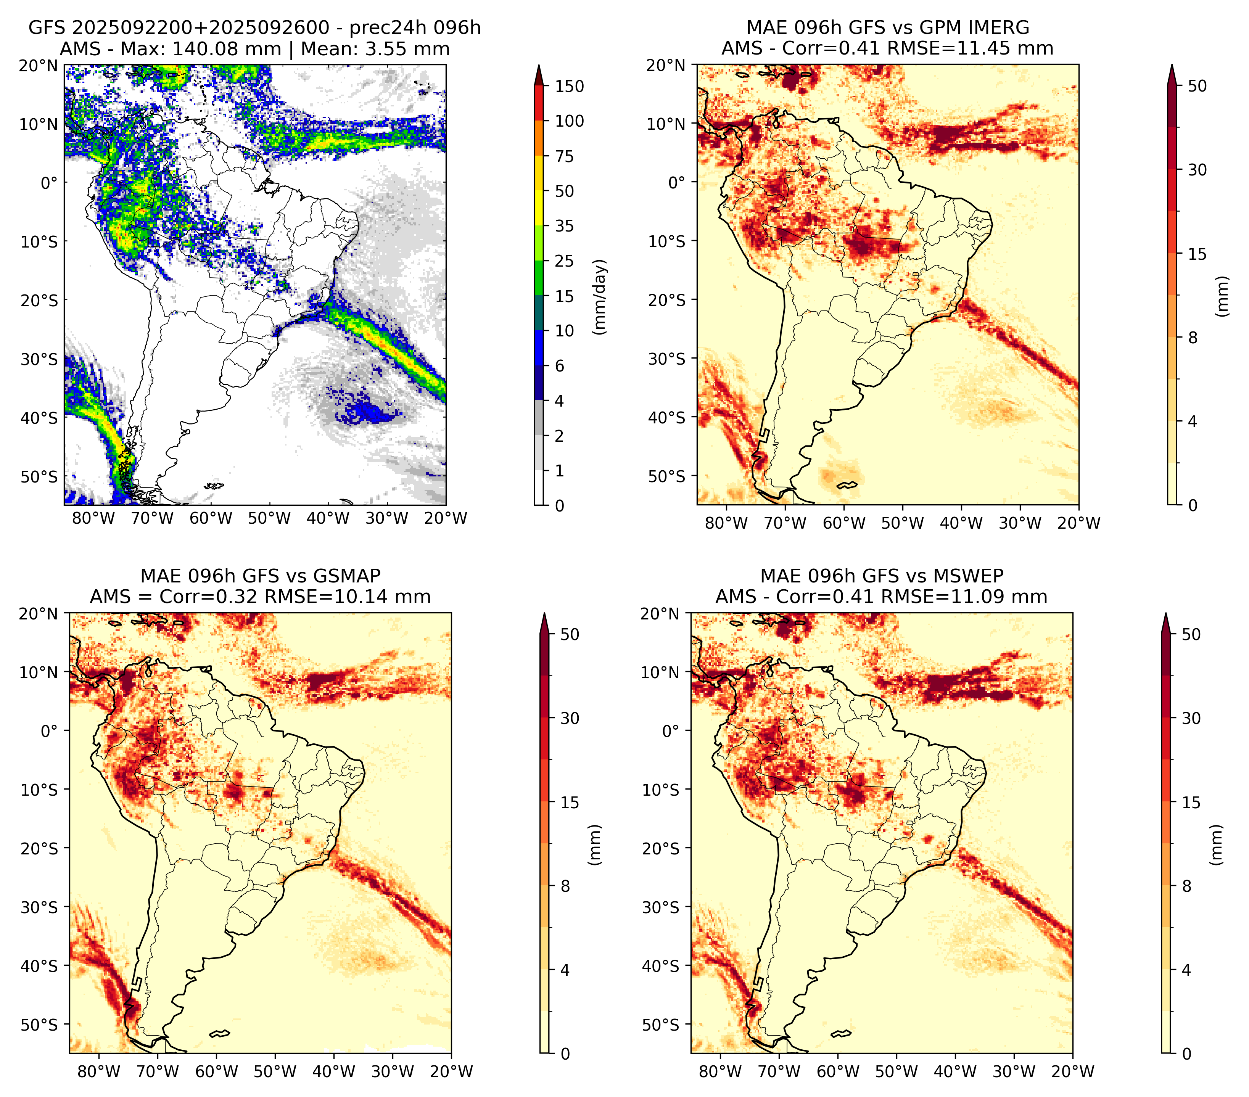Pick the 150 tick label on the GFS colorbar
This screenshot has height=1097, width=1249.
pyautogui.click(x=570, y=86)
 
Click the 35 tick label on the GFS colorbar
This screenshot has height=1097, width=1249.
pyautogui.click(x=565, y=226)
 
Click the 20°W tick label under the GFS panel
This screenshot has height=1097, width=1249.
pyautogui.click(x=446, y=518)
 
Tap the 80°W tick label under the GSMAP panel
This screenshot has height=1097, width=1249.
pyautogui.click(x=100, y=1071)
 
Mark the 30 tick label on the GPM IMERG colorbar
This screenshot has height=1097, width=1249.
pyautogui.click(x=1197, y=170)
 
